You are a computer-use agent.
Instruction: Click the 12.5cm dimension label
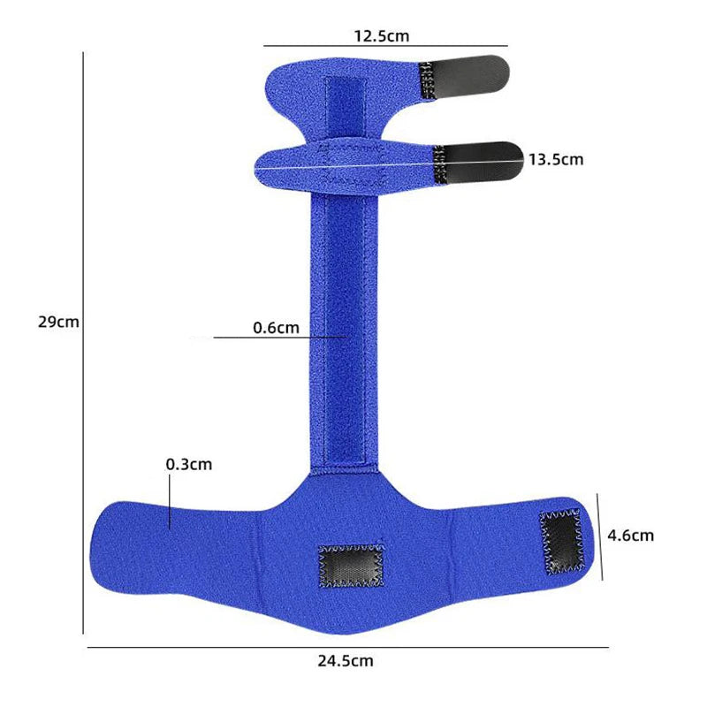[x=382, y=36]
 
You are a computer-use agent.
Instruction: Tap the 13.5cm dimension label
[x=556, y=160]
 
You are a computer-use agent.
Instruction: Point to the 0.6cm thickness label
[x=276, y=328]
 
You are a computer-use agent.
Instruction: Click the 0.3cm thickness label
[x=188, y=463]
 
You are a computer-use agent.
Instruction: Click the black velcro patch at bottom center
[x=352, y=566]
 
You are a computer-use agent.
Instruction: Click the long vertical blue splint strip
[x=345, y=336]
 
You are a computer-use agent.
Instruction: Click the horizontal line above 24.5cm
[x=347, y=648]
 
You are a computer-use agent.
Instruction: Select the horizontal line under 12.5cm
[x=385, y=46]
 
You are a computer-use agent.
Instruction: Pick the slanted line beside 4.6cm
[x=600, y=536]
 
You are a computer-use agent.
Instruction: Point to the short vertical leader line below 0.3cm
[x=169, y=500]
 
